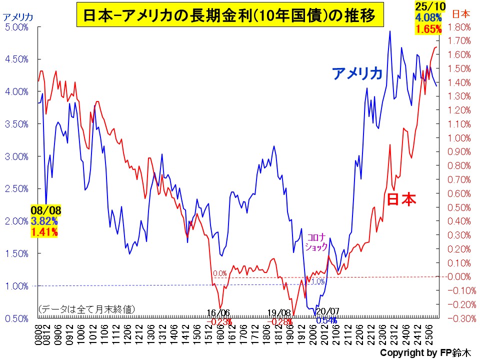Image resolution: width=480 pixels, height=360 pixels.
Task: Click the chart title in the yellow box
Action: coord(229,15)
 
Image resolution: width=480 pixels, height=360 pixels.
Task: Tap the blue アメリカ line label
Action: coord(357,74)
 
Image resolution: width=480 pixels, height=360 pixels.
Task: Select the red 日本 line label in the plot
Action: coord(401,199)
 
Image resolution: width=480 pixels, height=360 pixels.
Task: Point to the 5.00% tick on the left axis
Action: coord(16,27)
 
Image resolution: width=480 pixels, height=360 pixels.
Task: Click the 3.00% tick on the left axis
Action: coord(16,156)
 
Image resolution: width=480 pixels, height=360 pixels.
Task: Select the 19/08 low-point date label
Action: coord(278,313)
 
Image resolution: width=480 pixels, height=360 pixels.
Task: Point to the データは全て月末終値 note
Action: coord(86,309)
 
